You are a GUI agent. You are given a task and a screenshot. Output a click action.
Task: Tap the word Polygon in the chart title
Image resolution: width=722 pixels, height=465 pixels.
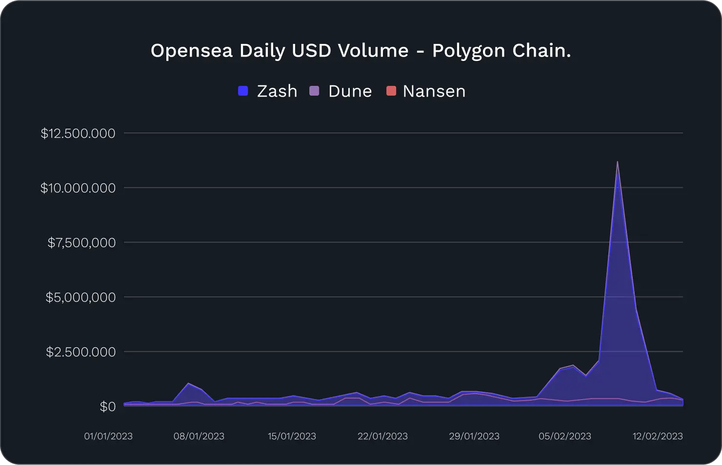point(468,51)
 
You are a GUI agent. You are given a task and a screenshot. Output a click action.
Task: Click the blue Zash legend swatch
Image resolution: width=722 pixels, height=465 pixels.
point(243,91)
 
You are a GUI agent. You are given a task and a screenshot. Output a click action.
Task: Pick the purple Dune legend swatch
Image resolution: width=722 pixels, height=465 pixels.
point(314,91)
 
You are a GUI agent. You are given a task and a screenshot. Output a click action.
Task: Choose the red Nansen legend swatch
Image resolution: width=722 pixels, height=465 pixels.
point(391,91)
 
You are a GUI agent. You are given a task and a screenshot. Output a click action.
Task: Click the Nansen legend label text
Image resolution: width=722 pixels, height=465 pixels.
point(434,91)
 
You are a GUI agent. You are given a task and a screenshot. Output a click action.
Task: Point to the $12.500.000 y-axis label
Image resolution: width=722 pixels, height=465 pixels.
point(78,133)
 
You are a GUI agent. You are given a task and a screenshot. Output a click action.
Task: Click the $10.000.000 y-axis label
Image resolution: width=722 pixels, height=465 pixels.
point(78,188)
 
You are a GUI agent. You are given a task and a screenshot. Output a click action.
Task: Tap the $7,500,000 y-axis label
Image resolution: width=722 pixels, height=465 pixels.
point(81,243)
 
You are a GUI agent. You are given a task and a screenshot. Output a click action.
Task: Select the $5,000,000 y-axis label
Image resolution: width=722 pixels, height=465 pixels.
point(80,297)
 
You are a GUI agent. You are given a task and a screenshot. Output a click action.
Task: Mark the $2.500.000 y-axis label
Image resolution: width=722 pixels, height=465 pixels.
point(80,352)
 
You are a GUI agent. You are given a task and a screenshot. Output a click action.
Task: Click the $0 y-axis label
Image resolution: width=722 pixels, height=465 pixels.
point(107,406)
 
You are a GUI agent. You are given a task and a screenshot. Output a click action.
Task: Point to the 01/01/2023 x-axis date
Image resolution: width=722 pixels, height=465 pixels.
point(108,436)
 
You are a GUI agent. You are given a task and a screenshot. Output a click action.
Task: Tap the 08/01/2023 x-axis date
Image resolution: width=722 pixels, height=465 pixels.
point(199,436)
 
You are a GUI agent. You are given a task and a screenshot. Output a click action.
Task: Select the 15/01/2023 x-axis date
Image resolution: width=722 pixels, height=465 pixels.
point(292,436)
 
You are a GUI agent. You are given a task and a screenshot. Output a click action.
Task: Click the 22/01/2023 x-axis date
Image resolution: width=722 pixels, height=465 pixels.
point(382,436)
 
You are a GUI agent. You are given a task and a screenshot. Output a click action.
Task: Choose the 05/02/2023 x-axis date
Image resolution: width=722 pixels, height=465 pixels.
point(565,436)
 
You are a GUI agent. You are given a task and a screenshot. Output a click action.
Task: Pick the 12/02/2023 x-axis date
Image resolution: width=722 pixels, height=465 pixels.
point(658,436)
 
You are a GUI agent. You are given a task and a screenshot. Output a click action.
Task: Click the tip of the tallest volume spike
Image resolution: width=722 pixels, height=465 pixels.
point(618,162)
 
